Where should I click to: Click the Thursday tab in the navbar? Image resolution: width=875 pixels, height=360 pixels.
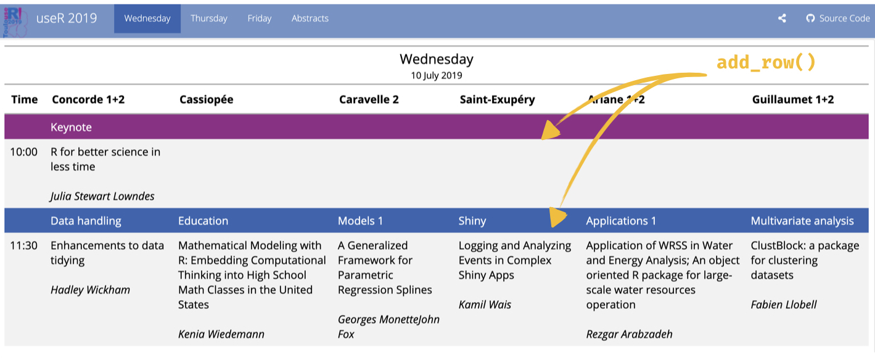208,18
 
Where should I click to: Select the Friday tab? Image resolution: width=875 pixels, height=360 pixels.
260,18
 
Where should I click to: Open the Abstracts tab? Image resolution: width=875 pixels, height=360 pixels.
310,18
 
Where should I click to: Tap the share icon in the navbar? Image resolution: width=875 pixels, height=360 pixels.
782,18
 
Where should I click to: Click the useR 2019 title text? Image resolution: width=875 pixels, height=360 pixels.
67,18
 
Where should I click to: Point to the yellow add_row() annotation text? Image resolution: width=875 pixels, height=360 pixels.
766,62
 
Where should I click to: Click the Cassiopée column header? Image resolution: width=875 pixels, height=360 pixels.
206,100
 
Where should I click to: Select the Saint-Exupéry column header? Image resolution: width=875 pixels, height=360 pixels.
497,100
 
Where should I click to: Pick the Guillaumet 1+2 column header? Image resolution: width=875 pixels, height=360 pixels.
793,100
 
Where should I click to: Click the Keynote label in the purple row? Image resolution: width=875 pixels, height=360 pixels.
71,127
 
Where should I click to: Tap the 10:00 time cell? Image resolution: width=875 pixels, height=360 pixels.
24,152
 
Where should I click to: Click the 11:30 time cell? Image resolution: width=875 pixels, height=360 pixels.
24,245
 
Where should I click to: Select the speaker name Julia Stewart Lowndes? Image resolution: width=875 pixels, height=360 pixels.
102,196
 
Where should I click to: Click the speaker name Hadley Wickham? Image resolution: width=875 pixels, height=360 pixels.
90,290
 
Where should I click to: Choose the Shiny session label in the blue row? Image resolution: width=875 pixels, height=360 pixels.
472,221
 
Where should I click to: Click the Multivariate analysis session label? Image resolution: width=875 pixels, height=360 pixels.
802,221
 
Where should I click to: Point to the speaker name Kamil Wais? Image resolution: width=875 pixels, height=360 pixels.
485,305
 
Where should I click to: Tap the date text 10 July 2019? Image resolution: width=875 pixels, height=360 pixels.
437,75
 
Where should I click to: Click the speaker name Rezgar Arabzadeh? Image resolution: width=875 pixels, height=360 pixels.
630,334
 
